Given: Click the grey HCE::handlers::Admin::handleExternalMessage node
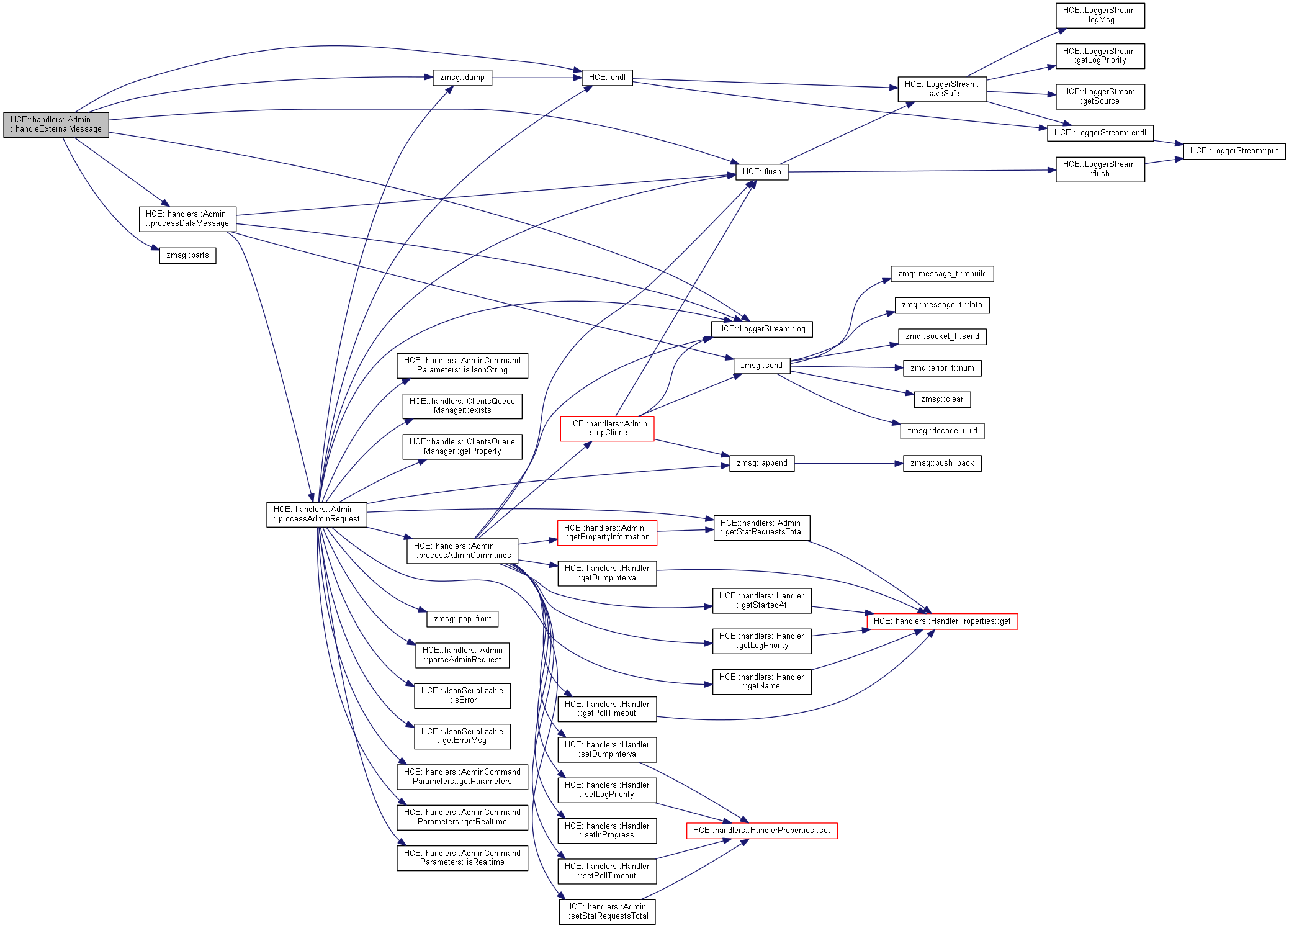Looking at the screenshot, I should pyautogui.click(x=56, y=125).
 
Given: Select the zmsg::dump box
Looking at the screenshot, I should pyautogui.click(x=462, y=78).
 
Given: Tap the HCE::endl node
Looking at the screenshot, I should pyautogui.click(x=607, y=78).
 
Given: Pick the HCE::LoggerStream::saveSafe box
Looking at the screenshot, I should pyautogui.click(x=941, y=89).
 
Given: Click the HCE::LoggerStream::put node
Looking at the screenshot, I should pyautogui.click(x=1234, y=151).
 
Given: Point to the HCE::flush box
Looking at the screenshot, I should pyautogui.click(x=761, y=172).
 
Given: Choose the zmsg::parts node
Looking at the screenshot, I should pyautogui.click(x=187, y=255).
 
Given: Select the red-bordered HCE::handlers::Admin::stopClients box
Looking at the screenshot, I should pyautogui.click(x=607, y=428).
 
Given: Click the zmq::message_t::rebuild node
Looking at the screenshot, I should pyautogui.click(x=942, y=274).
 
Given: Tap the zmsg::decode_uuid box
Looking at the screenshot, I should pyautogui.click(x=942, y=431).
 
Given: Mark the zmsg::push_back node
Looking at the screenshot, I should pyautogui.click(x=942, y=463).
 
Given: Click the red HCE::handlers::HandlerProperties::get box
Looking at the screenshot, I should pyautogui.click(x=942, y=621).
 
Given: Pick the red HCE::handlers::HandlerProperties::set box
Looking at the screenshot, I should pyautogui.click(x=761, y=831).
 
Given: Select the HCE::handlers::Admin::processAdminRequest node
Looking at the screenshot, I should pyautogui.click(x=317, y=515).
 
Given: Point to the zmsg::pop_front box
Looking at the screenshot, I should pyautogui.click(x=462, y=619).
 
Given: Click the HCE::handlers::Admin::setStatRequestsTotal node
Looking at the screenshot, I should pyautogui.click(x=607, y=912).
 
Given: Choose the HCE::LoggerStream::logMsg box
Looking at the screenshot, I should pyautogui.click(x=1100, y=16).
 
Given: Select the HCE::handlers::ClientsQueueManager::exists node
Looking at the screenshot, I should pyautogui.click(x=462, y=406).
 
